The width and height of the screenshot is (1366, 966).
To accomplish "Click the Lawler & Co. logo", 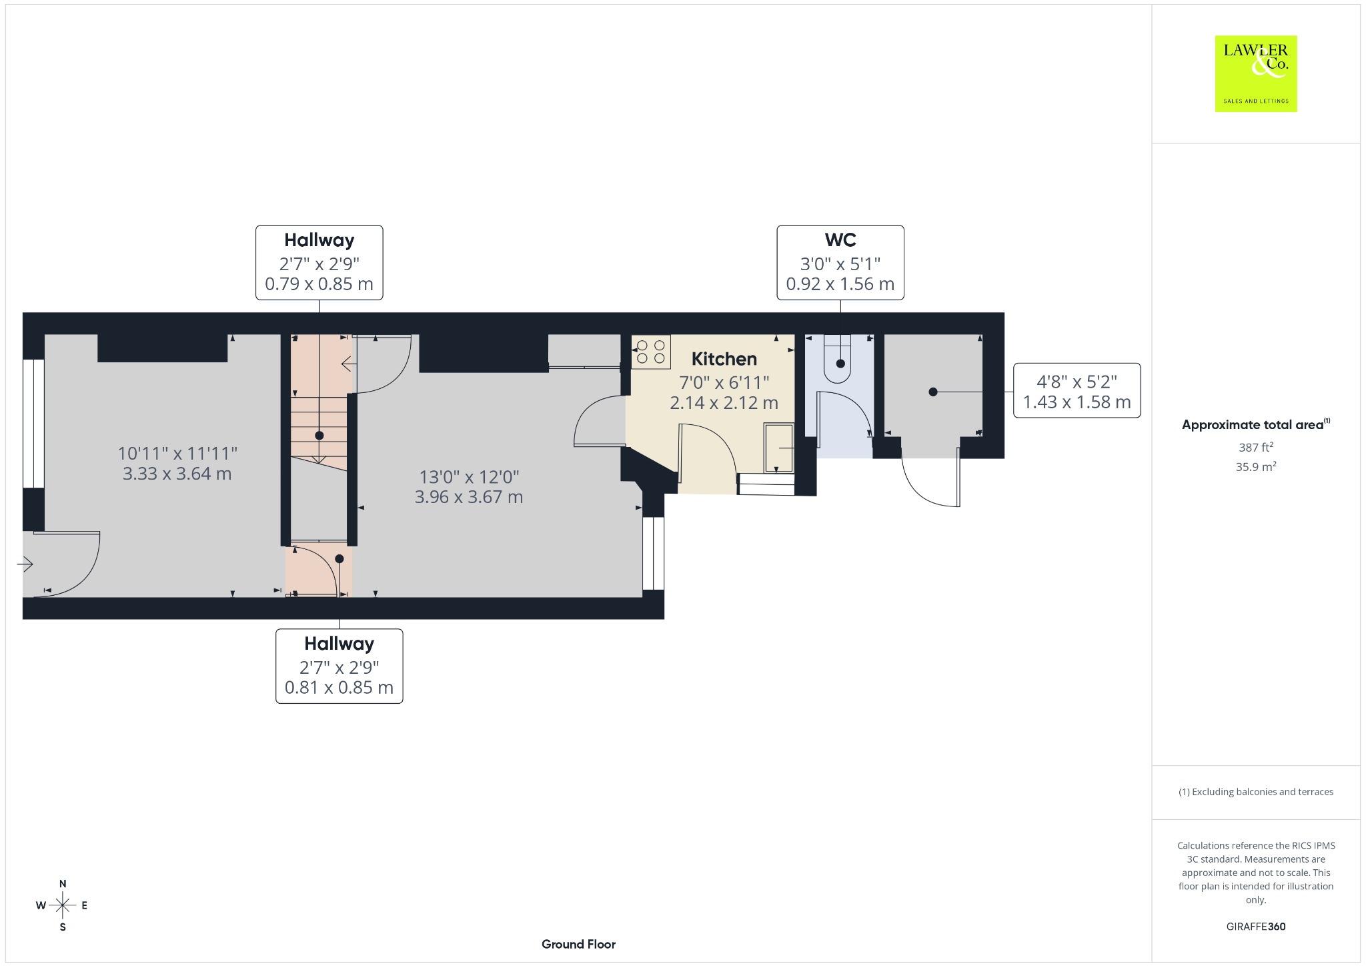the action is pos(1255,73).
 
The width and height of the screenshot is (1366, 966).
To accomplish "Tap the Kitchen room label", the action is pos(724,359).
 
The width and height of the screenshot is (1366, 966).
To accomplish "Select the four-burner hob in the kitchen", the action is pos(651,352).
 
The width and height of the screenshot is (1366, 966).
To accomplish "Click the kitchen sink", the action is pos(779,448).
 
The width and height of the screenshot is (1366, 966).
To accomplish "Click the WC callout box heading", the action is pos(840,240).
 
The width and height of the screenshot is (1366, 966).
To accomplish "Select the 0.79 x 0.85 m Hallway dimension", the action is pos(319,284).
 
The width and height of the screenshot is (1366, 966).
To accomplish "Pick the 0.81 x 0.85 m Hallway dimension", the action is pos(339,688).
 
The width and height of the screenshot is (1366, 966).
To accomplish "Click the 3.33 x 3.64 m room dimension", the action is pos(177,474).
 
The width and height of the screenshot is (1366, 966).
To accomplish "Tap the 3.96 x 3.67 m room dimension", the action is pos(469,497).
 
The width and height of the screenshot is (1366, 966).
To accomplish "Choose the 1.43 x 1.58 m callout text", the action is pos(1077,402).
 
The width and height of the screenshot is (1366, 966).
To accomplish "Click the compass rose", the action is pos(63,905).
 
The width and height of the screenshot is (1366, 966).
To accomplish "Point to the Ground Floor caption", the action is pos(578,944).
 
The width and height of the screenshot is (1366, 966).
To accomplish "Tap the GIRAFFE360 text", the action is pos(1256,927).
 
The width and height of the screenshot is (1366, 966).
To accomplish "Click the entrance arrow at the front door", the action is pos(25,565).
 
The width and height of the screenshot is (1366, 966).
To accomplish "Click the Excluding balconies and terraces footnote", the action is pos(1256,792).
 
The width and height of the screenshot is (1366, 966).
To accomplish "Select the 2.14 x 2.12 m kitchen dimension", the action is pos(724,403).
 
